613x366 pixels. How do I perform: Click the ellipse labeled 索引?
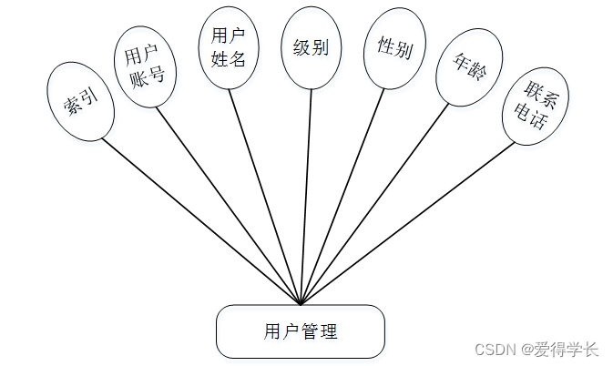79,103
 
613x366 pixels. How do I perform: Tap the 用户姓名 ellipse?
228,49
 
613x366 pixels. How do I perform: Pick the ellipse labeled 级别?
312,47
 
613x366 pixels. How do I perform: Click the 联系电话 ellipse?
536,104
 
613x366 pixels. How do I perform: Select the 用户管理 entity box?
301,331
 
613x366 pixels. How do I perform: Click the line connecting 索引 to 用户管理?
200,221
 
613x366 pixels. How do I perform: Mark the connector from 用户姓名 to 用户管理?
264,197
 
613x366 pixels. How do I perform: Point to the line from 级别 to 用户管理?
306,197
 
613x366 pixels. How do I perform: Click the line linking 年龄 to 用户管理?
373,204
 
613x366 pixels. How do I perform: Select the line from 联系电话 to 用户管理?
404,223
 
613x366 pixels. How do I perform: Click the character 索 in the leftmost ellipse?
71,107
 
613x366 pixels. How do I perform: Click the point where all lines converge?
301,304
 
